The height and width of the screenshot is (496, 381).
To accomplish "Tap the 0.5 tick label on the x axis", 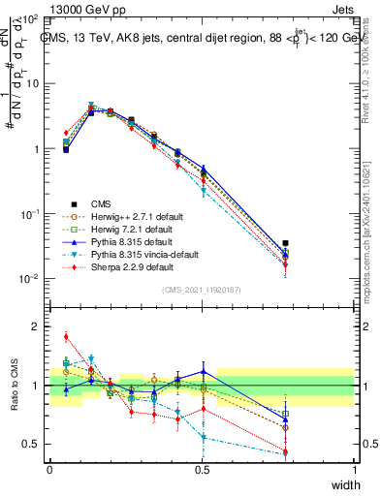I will (202, 470).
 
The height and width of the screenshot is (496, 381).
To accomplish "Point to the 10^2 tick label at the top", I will (31, 19).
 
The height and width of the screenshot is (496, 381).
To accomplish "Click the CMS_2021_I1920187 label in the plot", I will (202, 290).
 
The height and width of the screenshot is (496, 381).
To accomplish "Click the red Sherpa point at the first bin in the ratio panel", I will (66, 337).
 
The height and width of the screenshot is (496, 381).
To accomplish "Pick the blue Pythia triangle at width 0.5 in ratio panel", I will (203, 371).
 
